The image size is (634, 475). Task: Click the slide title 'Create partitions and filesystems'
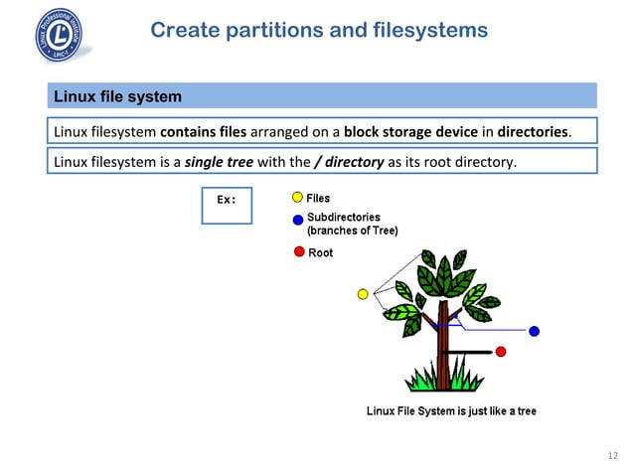coord(318,31)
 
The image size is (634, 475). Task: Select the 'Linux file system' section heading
coord(117,96)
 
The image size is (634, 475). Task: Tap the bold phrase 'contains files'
coord(203,132)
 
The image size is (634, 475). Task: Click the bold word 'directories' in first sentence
coord(534,132)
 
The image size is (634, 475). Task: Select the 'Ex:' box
coord(227,205)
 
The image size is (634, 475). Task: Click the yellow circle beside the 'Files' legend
coord(297,199)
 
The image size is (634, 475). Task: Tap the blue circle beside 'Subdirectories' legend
coord(297,221)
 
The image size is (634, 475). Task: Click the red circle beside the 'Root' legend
coord(298,251)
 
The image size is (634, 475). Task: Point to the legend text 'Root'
coord(321,252)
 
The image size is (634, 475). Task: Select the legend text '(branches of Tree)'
coord(352,231)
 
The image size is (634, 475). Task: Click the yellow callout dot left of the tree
coord(363,294)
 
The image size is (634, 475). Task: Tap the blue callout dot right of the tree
coord(535,331)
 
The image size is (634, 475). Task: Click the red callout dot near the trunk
coord(501,352)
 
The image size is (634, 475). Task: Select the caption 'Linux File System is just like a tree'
coord(451,411)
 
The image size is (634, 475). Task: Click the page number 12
coord(611,456)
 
